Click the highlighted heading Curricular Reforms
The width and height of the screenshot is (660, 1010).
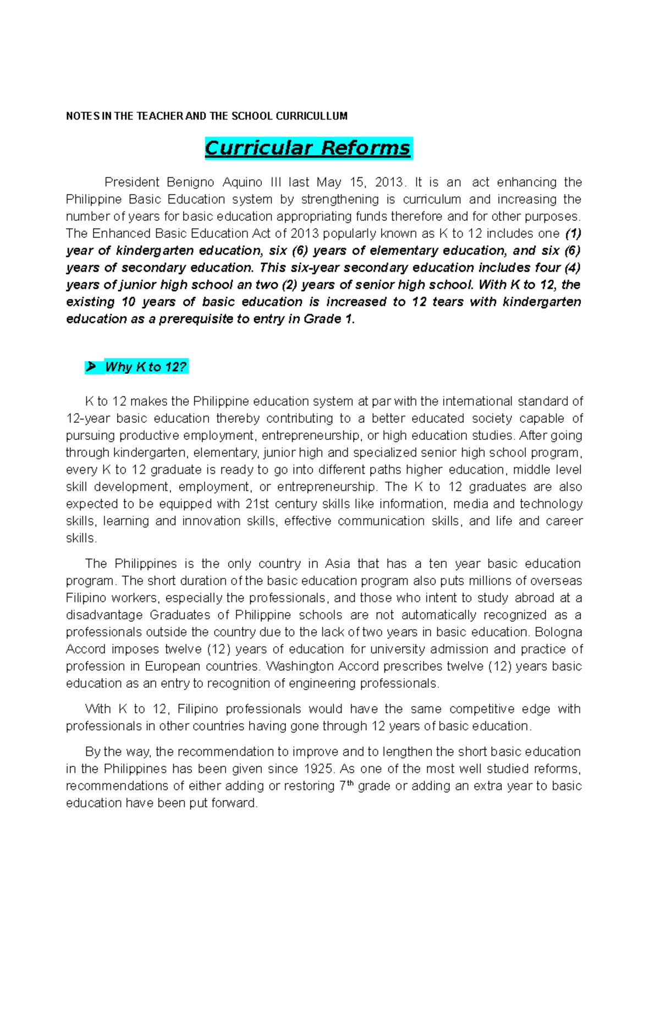coord(307,148)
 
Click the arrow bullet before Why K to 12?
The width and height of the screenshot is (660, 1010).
coord(91,367)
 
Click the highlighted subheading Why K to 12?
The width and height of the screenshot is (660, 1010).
coord(146,367)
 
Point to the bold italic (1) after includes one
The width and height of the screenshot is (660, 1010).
coord(573,233)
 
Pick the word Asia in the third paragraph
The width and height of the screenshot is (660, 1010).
coord(337,564)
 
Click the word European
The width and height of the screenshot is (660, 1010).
coord(173,666)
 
